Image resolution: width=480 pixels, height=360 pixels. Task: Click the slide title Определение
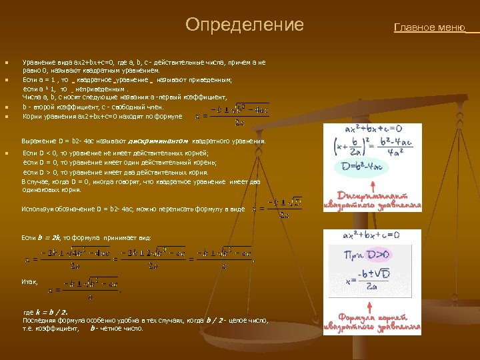pyautogui.click(x=244, y=25)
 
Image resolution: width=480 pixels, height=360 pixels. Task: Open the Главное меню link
pyautogui.click(x=430, y=28)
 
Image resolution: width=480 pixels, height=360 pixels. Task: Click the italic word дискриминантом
pyautogui.click(x=163, y=141)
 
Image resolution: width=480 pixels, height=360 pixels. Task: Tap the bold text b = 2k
pyautogui.click(x=50, y=237)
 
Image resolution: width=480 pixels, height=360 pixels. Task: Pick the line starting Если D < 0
pyautogui.click(x=110, y=153)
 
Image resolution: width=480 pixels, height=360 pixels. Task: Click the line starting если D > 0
pyautogui.click(x=111, y=172)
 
